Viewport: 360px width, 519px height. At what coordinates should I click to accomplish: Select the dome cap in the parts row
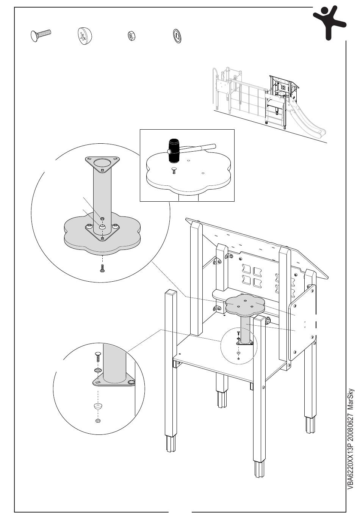click(x=85, y=37)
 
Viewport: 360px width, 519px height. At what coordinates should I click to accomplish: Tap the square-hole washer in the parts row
click(x=177, y=36)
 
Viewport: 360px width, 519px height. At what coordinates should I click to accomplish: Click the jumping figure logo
click(x=329, y=22)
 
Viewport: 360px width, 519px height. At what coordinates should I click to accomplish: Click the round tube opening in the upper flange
click(x=103, y=164)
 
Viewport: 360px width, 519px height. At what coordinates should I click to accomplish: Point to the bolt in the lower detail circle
click(x=97, y=357)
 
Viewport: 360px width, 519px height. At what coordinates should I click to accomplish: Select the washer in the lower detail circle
click(x=97, y=370)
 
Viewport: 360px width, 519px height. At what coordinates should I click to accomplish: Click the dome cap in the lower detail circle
click(x=98, y=407)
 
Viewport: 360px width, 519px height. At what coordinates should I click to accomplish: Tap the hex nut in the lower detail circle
click(x=98, y=421)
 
